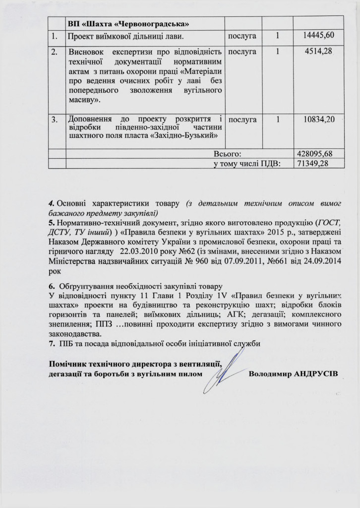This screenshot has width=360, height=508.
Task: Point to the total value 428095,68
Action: click(313, 153)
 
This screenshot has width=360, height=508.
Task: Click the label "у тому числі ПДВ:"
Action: click(243, 163)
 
